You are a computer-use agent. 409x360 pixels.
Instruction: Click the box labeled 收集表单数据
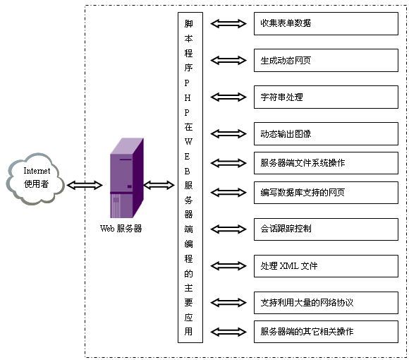(326, 23)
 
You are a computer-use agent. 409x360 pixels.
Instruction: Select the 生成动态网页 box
(326, 60)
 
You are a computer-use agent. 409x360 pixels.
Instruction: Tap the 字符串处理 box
(326, 97)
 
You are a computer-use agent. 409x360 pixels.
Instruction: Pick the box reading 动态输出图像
(326, 133)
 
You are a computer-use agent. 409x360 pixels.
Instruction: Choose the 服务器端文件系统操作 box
(326, 163)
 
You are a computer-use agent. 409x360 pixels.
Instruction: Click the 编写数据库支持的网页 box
(326, 193)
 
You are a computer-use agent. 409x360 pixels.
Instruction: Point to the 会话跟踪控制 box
(326, 229)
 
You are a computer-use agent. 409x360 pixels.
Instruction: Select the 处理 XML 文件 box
(326, 266)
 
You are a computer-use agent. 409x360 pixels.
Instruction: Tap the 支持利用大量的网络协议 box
(326, 303)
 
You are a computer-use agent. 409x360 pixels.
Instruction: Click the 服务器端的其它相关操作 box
(326, 332)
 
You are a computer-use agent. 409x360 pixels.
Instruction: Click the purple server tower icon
(127, 178)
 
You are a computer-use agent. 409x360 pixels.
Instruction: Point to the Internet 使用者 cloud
(36, 179)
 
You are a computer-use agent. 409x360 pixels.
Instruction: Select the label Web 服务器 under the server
(121, 229)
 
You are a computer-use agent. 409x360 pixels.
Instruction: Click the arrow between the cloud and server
(85, 185)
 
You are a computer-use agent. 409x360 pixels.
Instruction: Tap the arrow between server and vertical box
(159, 185)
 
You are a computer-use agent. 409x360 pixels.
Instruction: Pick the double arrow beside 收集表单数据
(228, 23)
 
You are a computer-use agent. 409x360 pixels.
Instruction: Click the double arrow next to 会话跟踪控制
(228, 229)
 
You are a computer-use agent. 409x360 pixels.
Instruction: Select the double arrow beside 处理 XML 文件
(228, 266)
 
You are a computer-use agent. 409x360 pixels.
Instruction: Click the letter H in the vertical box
(188, 98)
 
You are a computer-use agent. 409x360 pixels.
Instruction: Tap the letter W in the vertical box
(188, 142)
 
